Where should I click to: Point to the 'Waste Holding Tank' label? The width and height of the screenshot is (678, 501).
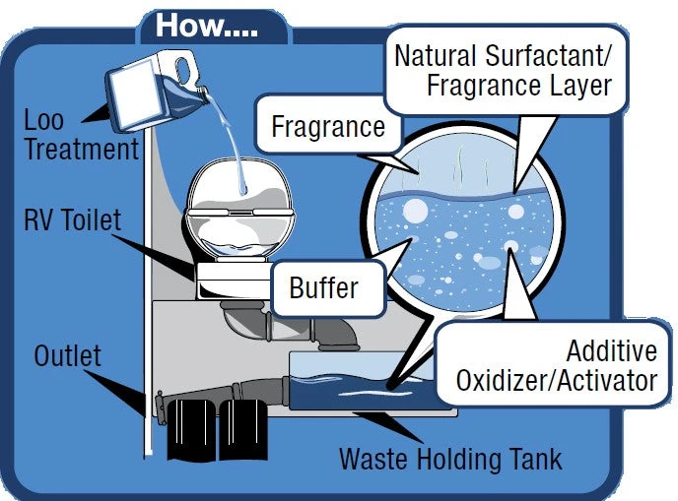pyautogui.click(x=450, y=459)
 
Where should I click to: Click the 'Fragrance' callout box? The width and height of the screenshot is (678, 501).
pyautogui.click(x=328, y=127)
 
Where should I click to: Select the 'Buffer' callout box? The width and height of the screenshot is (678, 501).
pyautogui.click(x=323, y=289)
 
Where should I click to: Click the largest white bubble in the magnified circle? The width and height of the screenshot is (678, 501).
pyautogui.click(x=416, y=211)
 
